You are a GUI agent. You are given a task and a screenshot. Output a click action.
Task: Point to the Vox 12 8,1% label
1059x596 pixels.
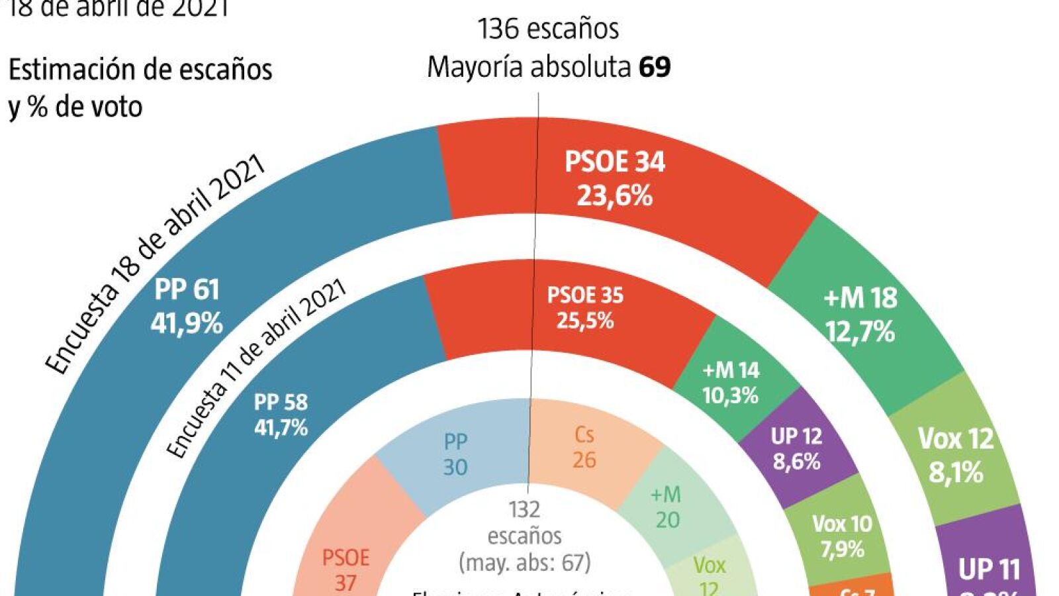(955, 455)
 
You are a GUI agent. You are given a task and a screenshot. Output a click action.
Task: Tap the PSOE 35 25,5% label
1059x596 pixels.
(585, 308)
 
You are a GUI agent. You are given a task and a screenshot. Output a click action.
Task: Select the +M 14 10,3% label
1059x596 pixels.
(730, 383)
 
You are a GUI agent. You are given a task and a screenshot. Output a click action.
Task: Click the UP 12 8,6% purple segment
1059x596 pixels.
(796, 448)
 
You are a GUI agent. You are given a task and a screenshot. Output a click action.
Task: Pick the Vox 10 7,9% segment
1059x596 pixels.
(842, 536)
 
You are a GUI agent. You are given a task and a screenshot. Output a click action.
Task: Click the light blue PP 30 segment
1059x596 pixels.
(455, 454)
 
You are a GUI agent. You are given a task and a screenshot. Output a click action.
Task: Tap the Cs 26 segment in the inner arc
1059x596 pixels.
(584, 447)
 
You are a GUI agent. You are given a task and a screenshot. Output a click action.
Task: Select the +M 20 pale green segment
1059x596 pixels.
(666, 507)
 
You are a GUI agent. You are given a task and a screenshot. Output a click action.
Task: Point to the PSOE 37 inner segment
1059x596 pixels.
(345, 570)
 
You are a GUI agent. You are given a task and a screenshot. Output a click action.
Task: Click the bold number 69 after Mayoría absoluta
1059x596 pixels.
(655, 67)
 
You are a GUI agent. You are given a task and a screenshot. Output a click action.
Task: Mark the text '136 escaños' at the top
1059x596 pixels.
(548, 29)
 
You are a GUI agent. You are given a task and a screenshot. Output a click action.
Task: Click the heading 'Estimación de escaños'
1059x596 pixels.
(140, 70)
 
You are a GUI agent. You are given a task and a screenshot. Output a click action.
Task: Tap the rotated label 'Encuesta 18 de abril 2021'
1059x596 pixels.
(155, 264)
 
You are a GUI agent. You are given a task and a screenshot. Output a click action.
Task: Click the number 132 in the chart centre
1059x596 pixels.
(524, 509)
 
